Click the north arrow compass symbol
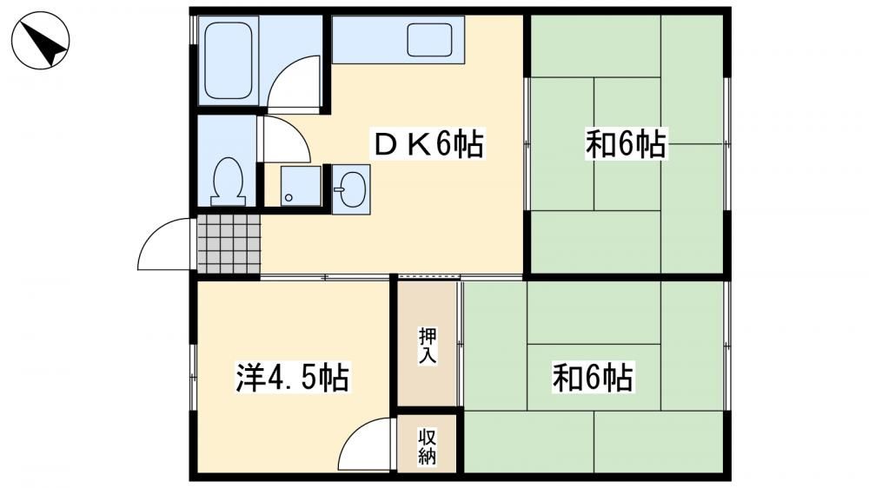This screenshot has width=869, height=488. tap(41, 40)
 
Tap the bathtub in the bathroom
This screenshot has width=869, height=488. tap(229, 61)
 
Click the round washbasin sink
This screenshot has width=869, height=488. tap(351, 189)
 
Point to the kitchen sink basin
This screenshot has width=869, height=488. tap(429, 39)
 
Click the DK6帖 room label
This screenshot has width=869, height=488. tap(428, 144)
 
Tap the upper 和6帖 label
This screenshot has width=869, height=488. tap(626, 144)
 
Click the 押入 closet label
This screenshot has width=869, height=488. tap(428, 346)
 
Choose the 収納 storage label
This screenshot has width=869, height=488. tap(427, 446)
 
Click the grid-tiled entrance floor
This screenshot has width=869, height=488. tap(229, 244)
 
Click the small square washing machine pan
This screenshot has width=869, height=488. tap(301, 186)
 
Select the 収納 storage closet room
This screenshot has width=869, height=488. tap(427, 444)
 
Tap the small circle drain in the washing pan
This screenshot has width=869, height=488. tap(289, 197)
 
